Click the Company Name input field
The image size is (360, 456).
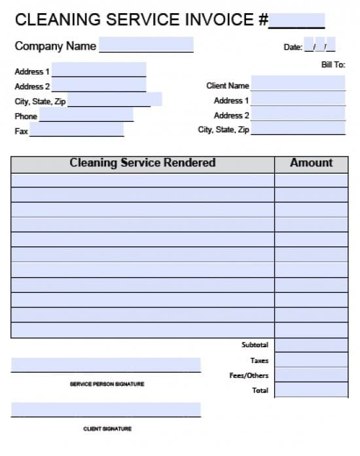point(146,45)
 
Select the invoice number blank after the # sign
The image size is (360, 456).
point(297,21)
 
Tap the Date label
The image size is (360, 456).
point(292,47)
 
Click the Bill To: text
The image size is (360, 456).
point(333,65)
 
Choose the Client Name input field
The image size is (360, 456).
point(298,83)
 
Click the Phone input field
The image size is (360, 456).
point(86,115)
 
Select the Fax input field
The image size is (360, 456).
point(76,130)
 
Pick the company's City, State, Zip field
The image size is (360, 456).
point(114,100)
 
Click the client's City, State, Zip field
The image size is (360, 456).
point(298,128)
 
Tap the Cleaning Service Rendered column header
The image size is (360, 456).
point(143,163)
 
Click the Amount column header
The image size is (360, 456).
point(312,163)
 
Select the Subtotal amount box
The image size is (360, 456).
point(311,345)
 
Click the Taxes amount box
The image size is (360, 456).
point(311,360)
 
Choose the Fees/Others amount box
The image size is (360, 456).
point(311,375)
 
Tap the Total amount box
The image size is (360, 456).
point(311,390)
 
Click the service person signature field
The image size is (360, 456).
point(106,365)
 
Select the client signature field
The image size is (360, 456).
point(106,410)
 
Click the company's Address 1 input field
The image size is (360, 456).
point(99,69)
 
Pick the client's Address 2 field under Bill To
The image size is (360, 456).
point(298,114)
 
